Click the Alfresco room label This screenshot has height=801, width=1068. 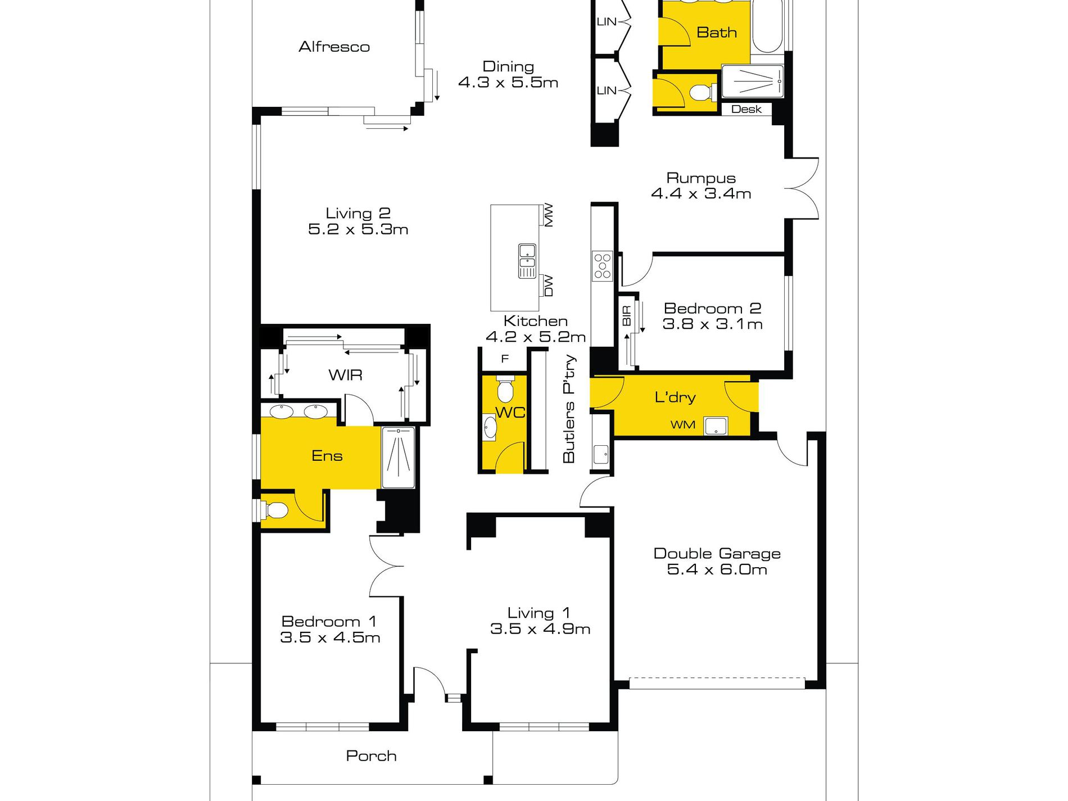tap(334, 47)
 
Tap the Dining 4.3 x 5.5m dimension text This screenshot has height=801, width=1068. tap(508, 83)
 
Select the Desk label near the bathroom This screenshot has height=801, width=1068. tap(746, 109)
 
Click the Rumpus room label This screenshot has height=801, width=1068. tap(701, 178)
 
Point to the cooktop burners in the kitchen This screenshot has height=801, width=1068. tap(602, 266)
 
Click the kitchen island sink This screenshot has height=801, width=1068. tap(527, 261)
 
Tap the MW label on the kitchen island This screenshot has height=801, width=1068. tap(549, 215)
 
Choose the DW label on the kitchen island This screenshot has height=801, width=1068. tap(549, 286)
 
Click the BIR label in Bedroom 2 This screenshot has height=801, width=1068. tap(627, 316)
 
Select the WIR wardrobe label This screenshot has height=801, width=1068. tap(345, 375)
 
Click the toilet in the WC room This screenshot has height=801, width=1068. tap(505, 388)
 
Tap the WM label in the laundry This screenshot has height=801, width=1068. tap(682, 425)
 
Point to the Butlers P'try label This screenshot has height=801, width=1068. tap(569, 409)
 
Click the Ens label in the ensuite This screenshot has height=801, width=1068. tap(327, 456)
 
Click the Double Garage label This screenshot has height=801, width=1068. tap(717, 554)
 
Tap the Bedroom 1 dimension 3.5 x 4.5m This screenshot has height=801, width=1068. tap(330, 637)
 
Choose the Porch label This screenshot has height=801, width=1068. tap(371, 756)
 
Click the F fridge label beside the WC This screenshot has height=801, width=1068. tap(505, 359)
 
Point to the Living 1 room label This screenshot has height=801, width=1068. tap(538, 613)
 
